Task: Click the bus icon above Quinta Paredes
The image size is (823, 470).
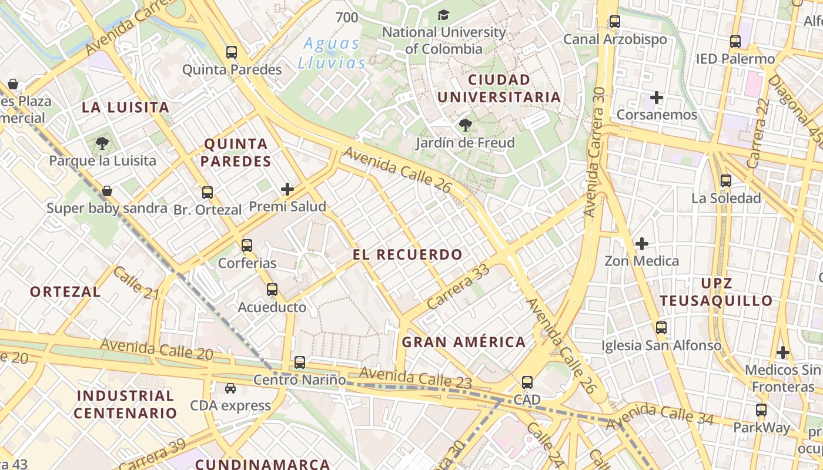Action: pyautogui.click(x=232, y=52)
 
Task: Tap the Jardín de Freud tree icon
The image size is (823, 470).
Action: pyautogui.click(x=465, y=125)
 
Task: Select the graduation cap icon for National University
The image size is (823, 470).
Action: pyautogui.click(x=443, y=15)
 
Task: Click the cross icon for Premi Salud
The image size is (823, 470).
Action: pyautogui.click(x=287, y=189)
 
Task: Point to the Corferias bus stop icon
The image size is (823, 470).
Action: pyautogui.click(x=247, y=245)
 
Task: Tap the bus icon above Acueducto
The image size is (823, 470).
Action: pyautogui.click(x=272, y=289)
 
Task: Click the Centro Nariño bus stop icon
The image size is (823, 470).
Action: pyautogui.click(x=300, y=362)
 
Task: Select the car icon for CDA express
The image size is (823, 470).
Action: pyautogui.click(x=230, y=388)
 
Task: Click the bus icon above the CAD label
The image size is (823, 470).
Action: pyautogui.click(x=527, y=382)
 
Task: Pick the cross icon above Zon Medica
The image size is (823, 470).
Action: pyautogui.click(x=642, y=243)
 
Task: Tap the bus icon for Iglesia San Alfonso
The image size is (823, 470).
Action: pyautogui.click(x=661, y=327)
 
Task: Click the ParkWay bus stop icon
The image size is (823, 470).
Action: pyautogui.click(x=761, y=409)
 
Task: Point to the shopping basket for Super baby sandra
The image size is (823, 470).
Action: pyautogui.click(x=107, y=190)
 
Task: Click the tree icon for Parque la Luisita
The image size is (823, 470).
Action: pyautogui.click(x=102, y=143)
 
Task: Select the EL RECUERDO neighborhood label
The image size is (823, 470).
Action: pyautogui.click(x=407, y=254)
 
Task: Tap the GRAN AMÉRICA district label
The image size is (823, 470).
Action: pyautogui.click(x=463, y=342)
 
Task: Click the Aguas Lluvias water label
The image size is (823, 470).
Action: pyautogui.click(x=332, y=53)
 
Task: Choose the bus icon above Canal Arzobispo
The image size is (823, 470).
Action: pyautogui.click(x=615, y=22)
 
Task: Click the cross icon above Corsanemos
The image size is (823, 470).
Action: pyautogui.click(x=657, y=97)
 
